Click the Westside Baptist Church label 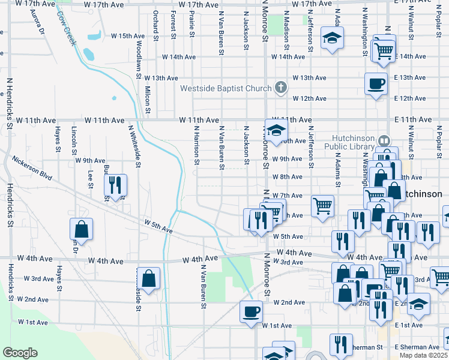tap(226, 89)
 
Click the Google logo tap(20, 353)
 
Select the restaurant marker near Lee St tap(114, 185)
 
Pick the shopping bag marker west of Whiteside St tap(81, 229)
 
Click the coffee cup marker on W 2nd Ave tap(252, 311)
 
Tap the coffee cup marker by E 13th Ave tap(376, 84)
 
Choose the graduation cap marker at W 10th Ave tap(276, 131)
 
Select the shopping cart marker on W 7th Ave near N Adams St tap(323, 206)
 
